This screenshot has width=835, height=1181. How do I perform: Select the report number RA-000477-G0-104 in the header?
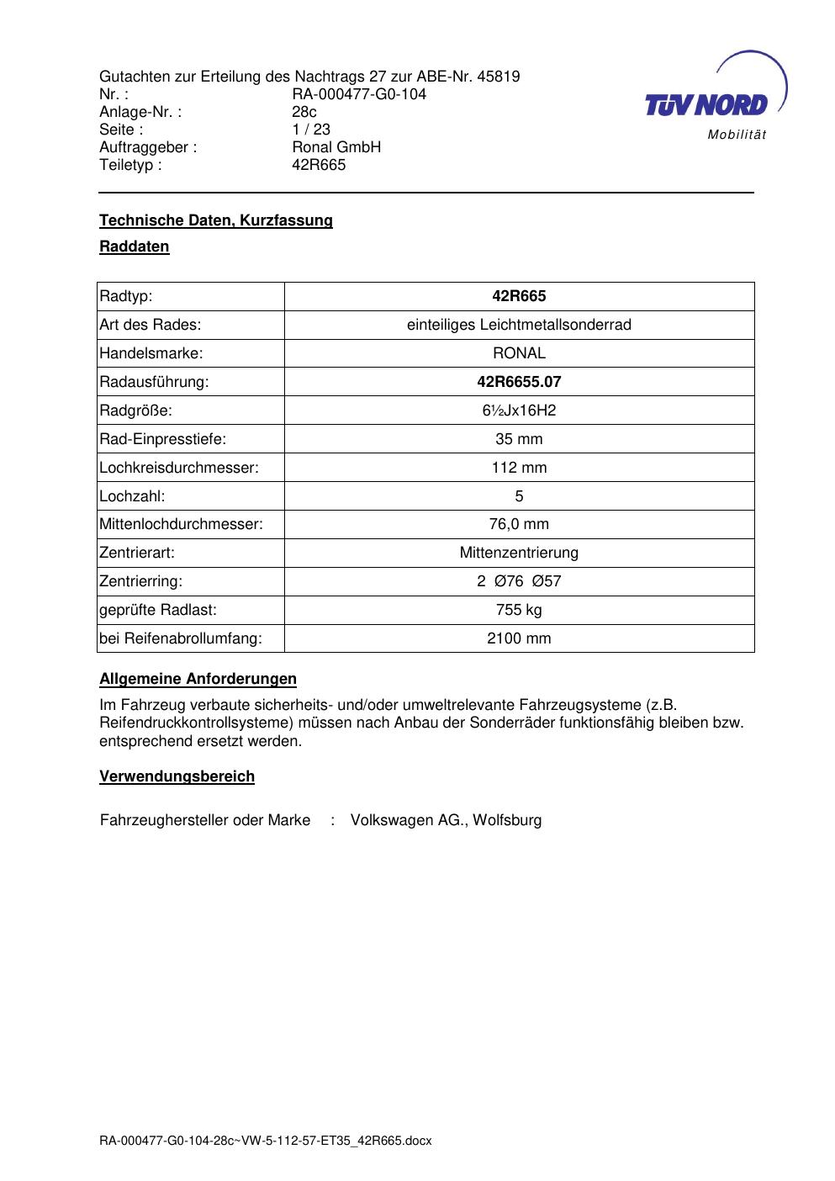click(359, 94)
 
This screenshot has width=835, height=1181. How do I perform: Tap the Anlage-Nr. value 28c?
click(304, 112)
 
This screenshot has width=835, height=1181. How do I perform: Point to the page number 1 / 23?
click(311, 130)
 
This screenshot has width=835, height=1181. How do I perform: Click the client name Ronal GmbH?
click(336, 147)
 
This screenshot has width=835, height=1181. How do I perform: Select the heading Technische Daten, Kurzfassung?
click(216, 220)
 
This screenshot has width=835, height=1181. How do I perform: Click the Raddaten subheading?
click(135, 246)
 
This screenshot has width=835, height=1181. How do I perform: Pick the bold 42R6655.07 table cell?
click(519, 382)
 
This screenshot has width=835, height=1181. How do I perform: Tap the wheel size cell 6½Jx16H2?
click(519, 410)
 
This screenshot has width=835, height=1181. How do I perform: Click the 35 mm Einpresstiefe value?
click(519, 439)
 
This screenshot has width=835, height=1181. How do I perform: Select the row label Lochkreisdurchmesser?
click(179, 468)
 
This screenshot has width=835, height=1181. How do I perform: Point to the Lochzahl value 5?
click(519, 496)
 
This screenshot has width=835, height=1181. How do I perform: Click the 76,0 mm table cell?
click(519, 525)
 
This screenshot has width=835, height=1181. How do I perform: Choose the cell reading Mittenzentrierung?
click(519, 553)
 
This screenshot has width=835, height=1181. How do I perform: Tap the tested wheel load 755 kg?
click(519, 610)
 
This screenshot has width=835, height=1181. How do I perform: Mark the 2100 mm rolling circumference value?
click(519, 638)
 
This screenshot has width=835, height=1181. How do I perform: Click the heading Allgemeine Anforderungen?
click(198, 679)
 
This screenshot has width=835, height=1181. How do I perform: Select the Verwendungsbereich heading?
click(177, 776)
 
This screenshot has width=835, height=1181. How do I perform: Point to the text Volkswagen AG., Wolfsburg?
click(446, 820)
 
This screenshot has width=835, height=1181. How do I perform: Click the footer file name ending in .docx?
click(266, 1141)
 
